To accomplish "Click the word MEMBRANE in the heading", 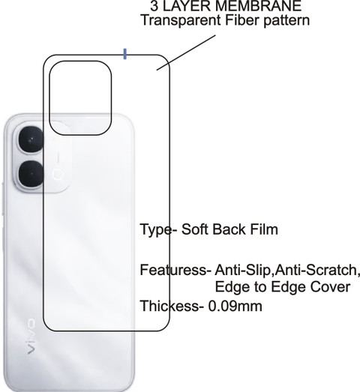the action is pos(259,6).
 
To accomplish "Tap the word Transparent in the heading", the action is pos(181,20).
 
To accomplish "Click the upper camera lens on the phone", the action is pos(31,139).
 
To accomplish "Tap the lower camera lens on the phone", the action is pos(31,174).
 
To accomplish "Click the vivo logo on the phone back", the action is pos(31,337).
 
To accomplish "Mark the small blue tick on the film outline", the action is pos(124,54).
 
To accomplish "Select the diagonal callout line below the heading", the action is pos(186,52).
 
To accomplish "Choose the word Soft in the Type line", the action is pos(196,229).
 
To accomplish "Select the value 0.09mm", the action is pos(235,306).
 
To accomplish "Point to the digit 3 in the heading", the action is pos(154,6).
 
